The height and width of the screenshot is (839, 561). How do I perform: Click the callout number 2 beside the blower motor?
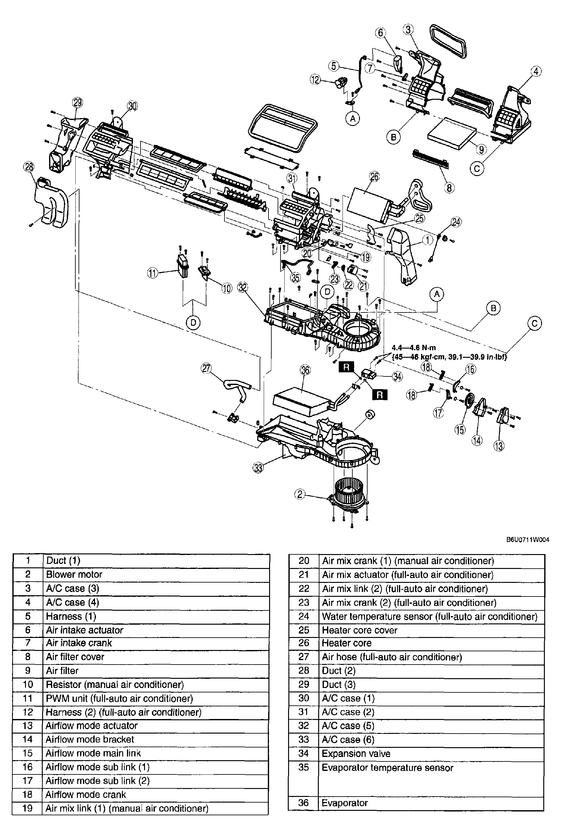(x=300, y=494)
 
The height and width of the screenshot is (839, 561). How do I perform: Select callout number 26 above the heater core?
(x=374, y=176)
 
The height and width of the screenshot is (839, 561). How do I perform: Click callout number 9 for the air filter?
(x=481, y=149)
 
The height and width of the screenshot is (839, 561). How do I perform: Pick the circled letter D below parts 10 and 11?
(x=193, y=323)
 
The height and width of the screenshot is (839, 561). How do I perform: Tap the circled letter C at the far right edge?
(x=534, y=324)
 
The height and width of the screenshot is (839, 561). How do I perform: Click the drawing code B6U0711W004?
(x=527, y=539)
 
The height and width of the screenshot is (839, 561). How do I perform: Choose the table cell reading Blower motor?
(x=74, y=574)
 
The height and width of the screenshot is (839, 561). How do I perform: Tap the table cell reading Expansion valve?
(x=356, y=754)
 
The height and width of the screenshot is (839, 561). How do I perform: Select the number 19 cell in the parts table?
(x=28, y=808)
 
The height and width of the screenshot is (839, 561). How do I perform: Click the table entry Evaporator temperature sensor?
(x=387, y=768)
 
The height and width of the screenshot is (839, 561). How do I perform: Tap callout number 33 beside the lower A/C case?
(x=258, y=467)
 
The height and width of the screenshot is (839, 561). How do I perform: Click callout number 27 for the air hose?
(x=206, y=369)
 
